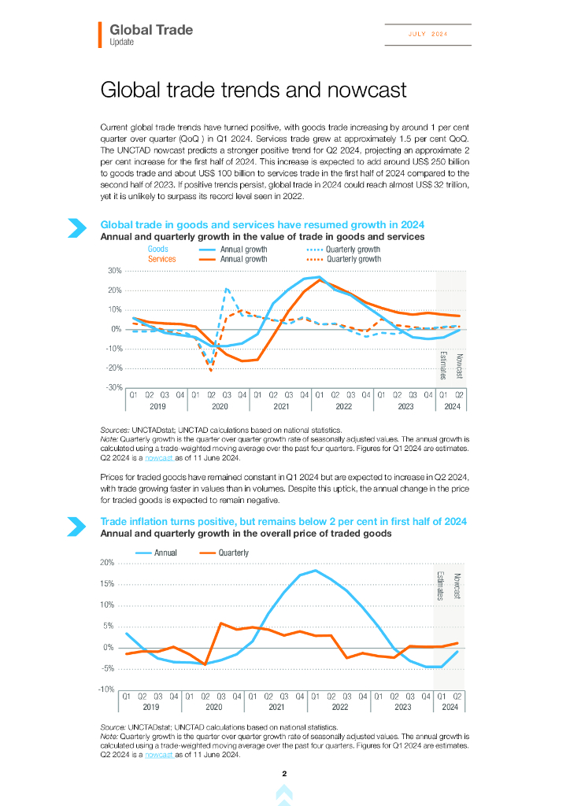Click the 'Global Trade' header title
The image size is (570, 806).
[151, 30]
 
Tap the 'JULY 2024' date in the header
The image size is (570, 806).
[427, 34]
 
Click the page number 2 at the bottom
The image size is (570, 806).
[284, 775]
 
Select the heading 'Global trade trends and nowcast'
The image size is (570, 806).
[254, 90]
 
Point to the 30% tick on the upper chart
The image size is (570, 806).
[114, 271]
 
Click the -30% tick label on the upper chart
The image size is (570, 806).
[113, 387]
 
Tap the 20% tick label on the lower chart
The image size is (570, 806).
[107, 563]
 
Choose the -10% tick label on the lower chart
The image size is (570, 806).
[106, 690]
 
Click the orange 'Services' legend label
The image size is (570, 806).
[162, 259]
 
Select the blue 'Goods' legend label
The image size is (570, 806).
[158, 250]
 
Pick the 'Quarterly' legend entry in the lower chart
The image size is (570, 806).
[233, 553]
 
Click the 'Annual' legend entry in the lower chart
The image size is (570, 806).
[165, 553]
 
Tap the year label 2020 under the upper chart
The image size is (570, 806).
[220, 406]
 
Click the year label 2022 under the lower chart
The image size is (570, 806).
[339, 707]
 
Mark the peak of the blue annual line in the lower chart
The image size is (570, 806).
[315, 570]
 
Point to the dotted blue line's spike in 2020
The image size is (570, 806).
[227, 289]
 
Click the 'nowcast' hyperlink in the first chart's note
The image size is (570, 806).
[160, 457]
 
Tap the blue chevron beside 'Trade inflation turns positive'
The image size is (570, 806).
[77, 527]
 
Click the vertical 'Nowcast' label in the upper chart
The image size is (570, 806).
[459, 367]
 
